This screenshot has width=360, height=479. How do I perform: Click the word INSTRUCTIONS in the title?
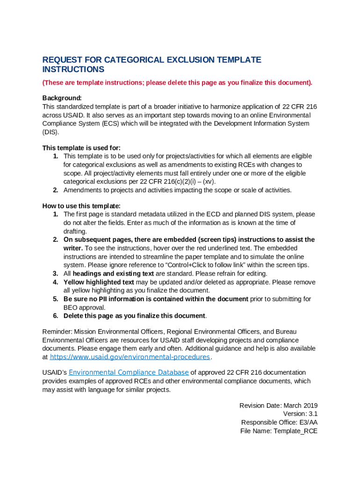click(73, 69)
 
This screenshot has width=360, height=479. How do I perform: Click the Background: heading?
click(62, 98)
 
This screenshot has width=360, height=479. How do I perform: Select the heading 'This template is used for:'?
click(81, 148)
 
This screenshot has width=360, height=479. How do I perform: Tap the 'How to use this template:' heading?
click(81, 206)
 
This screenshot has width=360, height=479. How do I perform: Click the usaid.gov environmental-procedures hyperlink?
click(130, 357)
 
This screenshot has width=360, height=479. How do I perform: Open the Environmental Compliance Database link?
click(129, 372)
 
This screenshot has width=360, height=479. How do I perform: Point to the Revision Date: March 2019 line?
click(278, 406)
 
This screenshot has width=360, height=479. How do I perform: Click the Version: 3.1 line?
click(300, 414)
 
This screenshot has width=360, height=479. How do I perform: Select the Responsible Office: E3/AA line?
click(279, 422)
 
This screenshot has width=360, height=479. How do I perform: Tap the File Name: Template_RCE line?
click(279, 431)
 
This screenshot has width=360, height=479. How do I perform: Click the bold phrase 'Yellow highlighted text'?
click(99, 282)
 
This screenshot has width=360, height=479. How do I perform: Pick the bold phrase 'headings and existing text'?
click(113, 273)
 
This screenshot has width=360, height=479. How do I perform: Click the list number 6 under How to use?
click(55, 315)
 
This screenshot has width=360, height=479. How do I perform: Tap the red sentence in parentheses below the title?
click(177, 83)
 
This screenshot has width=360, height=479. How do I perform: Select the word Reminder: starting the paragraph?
click(57, 332)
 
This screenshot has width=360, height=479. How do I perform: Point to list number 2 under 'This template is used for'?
click(55, 190)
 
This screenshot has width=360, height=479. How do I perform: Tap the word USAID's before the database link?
click(55, 372)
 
